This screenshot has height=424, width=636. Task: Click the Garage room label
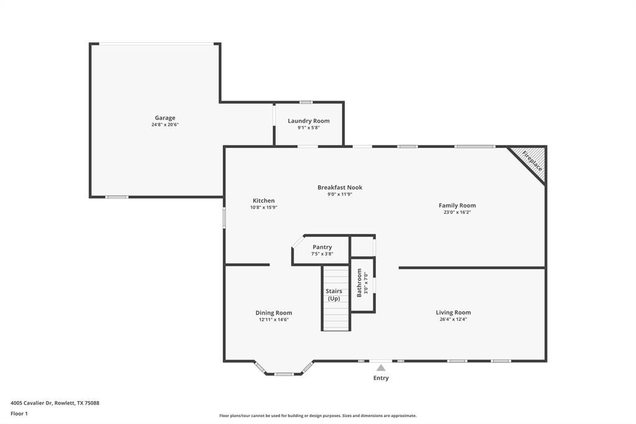pos(165,118)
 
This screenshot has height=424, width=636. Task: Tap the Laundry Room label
pos(309,121)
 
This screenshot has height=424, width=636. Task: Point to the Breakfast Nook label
pos(340,187)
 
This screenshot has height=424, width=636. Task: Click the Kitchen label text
pos(263,200)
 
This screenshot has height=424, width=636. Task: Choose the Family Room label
pos(457,205)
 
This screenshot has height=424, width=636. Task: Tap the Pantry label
pos(322,247)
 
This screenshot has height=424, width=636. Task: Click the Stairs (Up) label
pos(334,295)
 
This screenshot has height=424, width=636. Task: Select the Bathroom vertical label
pos(359,283)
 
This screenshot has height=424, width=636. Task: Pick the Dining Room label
pos(274,313)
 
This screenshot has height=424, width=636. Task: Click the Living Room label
pos(453,312)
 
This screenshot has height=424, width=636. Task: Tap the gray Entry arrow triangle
pos(381,368)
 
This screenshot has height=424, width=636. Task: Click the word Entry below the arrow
pos(381,378)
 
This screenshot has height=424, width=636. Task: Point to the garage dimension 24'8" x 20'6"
pos(165,125)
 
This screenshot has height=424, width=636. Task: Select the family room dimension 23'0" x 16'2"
pos(457,213)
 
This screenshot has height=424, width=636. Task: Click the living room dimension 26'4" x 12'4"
pos(453,320)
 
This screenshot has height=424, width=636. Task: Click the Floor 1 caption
pos(19,413)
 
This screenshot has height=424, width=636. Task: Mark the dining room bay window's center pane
pos(284,374)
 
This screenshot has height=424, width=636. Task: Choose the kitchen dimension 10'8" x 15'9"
pos(263,208)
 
